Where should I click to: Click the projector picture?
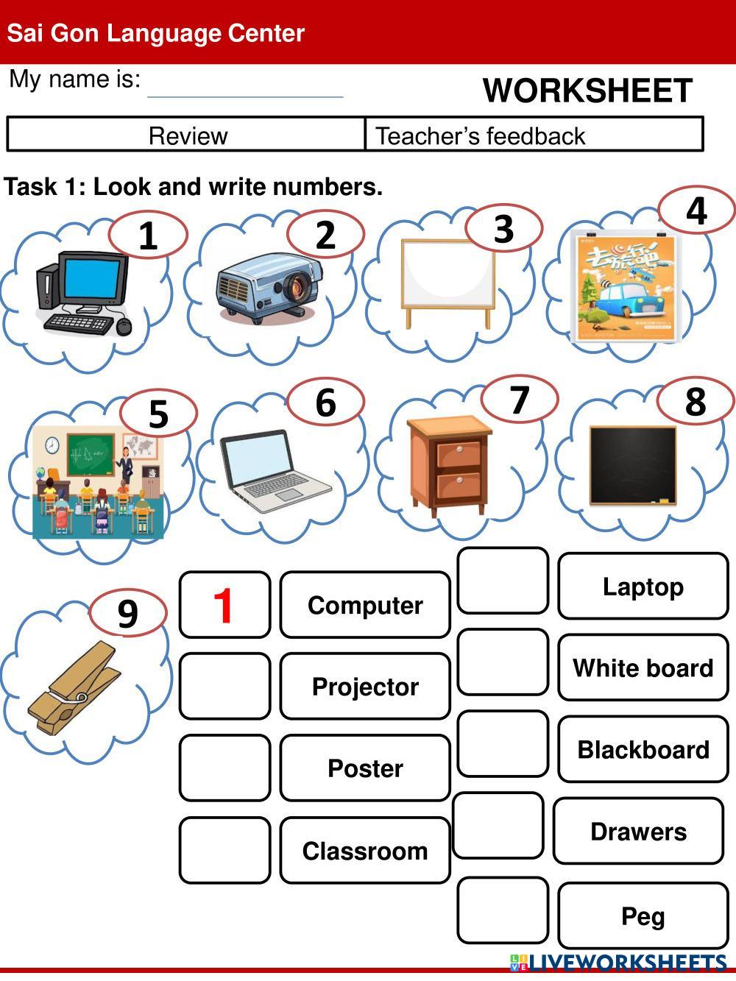267,288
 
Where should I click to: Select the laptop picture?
274,471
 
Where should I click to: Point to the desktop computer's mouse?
124,326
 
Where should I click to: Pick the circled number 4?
696,210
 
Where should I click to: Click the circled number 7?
520,400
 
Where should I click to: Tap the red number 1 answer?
224,606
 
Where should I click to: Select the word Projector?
365,687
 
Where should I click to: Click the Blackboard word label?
643,750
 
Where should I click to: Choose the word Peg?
643,916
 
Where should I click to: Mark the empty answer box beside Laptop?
503,581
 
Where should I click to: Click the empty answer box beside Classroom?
224,851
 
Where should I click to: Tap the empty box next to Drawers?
498,826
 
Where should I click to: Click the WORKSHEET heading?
587,91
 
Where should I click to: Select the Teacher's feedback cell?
534,135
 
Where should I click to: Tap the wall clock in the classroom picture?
52,446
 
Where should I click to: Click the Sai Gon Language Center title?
156,33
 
